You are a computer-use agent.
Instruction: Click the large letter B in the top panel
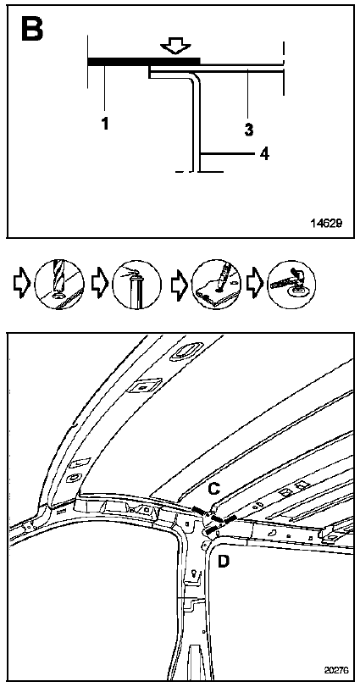tap(32, 30)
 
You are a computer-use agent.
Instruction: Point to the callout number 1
tap(105, 124)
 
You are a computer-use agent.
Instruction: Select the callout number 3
tap(249, 130)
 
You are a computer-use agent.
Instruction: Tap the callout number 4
tap(264, 154)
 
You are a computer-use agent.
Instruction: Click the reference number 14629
tap(326, 223)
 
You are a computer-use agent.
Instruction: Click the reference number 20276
tap(337, 670)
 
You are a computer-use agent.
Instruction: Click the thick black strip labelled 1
tap(144, 61)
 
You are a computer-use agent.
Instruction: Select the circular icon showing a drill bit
tap(59, 285)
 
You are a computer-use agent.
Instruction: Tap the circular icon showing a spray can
tap(136, 285)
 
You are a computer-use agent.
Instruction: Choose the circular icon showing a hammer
tap(291, 284)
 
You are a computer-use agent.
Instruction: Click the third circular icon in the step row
tap(217, 285)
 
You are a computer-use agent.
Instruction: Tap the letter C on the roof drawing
tap(214, 488)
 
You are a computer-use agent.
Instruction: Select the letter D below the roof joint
tap(224, 561)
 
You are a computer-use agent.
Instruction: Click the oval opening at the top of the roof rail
tap(186, 351)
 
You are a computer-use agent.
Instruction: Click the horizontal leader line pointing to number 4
tap(227, 154)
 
